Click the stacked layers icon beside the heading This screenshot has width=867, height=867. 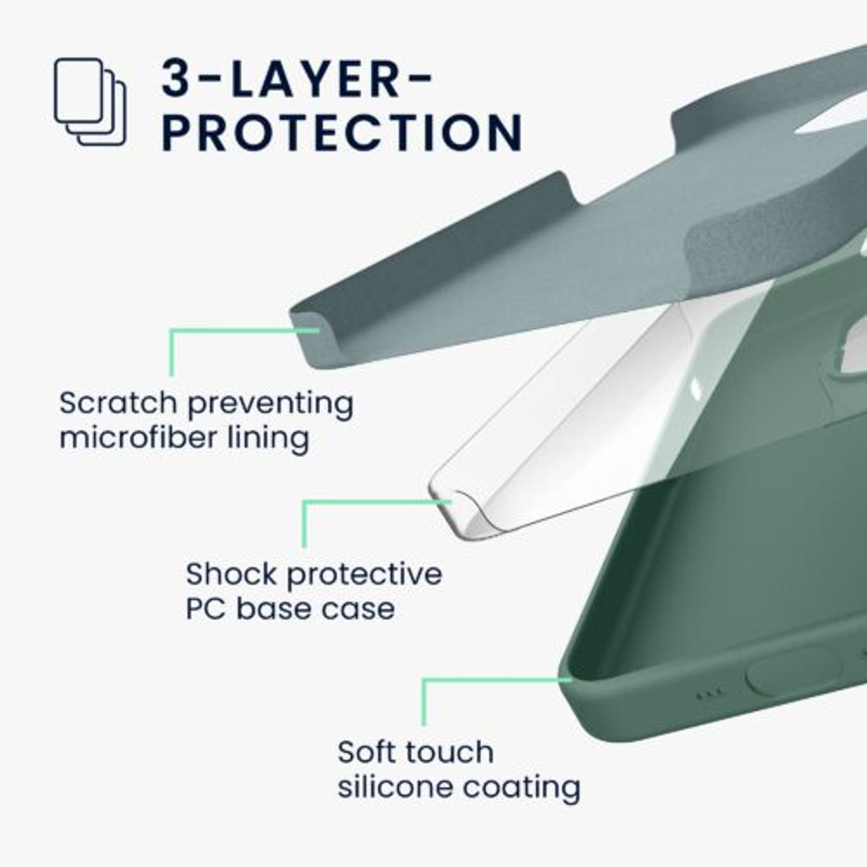pos(90,101)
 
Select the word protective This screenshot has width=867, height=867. pos(365,576)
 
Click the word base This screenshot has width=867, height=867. pos(272,609)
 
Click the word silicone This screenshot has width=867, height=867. pos(397,786)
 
